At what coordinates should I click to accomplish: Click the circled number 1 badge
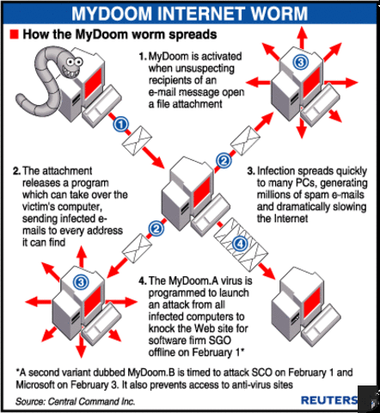(x=122, y=124)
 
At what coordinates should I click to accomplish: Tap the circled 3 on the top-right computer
(x=299, y=63)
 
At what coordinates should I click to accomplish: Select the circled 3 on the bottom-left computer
(x=80, y=281)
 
